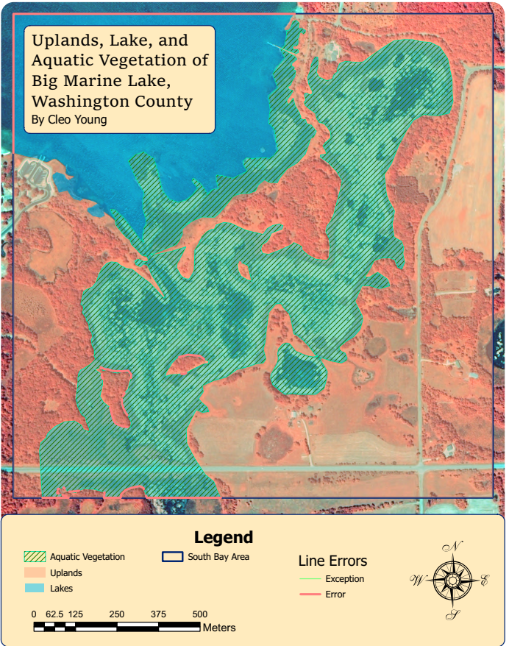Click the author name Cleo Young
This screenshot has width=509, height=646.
(x=70, y=120)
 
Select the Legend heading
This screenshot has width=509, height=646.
(x=223, y=537)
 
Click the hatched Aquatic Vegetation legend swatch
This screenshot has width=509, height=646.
(x=35, y=557)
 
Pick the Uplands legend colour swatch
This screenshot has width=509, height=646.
(x=35, y=572)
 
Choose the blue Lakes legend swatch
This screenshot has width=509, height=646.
(x=35, y=588)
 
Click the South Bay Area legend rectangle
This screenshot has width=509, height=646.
(x=172, y=557)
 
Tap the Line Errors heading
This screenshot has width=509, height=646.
(x=332, y=561)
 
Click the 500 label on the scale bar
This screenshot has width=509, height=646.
(x=199, y=614)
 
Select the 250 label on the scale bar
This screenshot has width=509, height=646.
(x=116, y=614)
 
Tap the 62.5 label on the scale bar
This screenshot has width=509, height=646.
(x=54, y=614)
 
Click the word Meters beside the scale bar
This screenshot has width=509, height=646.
(x=219, y=628)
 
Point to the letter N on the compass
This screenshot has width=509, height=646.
(x=456, y=546)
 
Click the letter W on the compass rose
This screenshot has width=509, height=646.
(x=416, y=580)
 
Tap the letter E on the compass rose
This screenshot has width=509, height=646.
(x=483, y=581)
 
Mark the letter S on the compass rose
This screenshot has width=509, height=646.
(x=454, y=615)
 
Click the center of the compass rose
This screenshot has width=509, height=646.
(x=452, y=581)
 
